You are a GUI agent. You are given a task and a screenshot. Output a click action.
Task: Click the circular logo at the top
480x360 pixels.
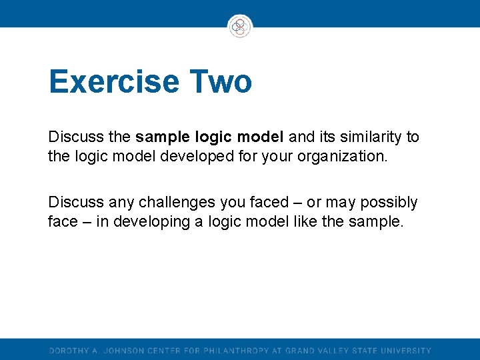coord(240,27)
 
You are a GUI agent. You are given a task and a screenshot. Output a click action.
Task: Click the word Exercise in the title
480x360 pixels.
coord(114,82)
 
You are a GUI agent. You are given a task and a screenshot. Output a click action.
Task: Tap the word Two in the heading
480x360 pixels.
coord(221,82)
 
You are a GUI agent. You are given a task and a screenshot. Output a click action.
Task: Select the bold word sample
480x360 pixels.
coord(163,137)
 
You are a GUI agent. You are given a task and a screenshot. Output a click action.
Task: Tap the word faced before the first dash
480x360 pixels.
coord(274,203)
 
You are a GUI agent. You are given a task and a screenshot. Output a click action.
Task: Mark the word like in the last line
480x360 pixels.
coord(305,221)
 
